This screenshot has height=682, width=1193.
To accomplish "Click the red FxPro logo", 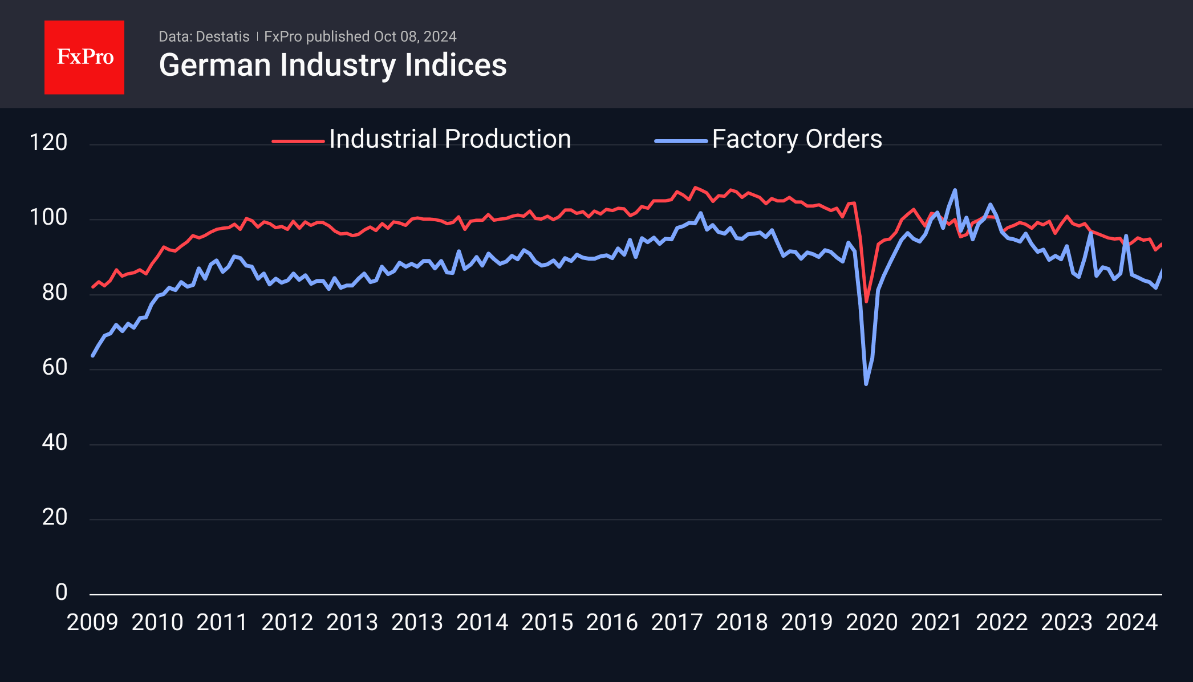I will coord(84,57).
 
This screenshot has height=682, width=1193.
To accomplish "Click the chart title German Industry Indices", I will coord(332,65).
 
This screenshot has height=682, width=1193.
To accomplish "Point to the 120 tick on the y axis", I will coord(48,142).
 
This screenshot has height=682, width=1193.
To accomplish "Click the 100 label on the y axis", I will coord(48,217).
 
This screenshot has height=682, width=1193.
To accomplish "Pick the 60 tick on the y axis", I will coord(55,367).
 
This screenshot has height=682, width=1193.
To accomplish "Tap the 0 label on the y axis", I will coord(61,592).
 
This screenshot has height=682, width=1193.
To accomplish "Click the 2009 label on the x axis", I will coord(92,622).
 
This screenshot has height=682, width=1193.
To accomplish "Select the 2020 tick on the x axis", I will coord(871,622).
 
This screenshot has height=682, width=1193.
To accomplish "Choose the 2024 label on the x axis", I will coord(1131,622).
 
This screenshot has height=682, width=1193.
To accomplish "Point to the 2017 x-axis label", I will coord(677,622).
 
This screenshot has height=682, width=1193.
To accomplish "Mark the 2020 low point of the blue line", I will coord(866,384).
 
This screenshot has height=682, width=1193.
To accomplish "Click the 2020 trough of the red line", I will coord(866,301).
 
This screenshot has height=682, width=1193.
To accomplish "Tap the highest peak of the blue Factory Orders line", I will coord(955,190).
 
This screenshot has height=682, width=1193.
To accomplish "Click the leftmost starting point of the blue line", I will coord(93,355).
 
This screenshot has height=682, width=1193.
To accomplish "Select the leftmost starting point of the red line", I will coord(93,287).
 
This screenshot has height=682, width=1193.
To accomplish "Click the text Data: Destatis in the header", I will coord(204,36).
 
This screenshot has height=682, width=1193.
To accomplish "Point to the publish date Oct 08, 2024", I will coord(415,36).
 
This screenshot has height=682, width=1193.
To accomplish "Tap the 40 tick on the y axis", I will coord(55,443).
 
